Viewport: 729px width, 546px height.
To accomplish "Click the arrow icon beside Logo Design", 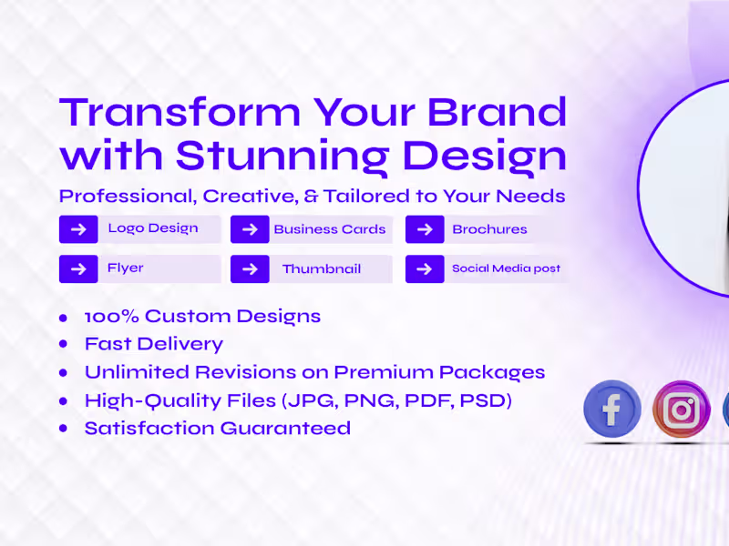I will [x=78, y=229].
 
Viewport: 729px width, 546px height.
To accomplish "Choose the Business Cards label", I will [x=330, y=229].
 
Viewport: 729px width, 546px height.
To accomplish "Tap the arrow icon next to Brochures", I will [x=425, y=229].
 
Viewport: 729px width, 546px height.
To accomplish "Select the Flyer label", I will [x=126, y=268].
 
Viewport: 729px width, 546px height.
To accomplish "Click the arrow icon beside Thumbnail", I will [x=250, y=269].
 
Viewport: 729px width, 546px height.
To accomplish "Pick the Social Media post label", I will [x=507, y=269].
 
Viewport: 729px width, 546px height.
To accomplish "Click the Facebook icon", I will [x=611, y=409].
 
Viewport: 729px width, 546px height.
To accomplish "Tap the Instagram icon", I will [x=682, y=409].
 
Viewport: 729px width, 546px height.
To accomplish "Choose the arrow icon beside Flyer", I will [x=78, y=269].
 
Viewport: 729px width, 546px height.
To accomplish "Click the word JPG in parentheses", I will [x=315, y=400].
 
